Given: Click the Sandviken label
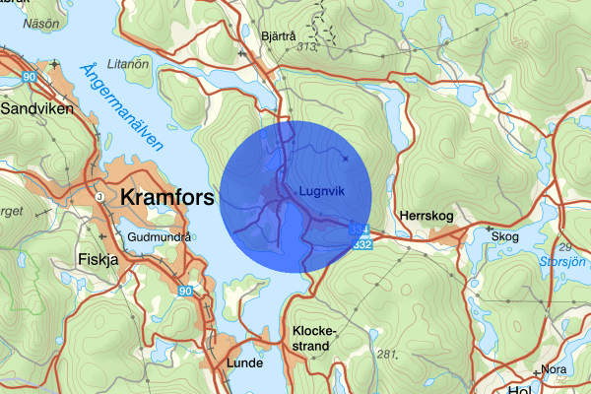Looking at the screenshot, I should [x=37, y=109].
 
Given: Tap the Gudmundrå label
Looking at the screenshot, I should [x=160, y=236].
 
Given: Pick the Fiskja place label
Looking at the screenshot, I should [x=97, y=260].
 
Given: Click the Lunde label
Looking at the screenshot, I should [x=244, y=363].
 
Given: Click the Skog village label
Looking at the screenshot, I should [x=504, y=236].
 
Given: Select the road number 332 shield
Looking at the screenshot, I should [x=362, y=243].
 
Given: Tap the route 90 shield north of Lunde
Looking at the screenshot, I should [x=186, y=292].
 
